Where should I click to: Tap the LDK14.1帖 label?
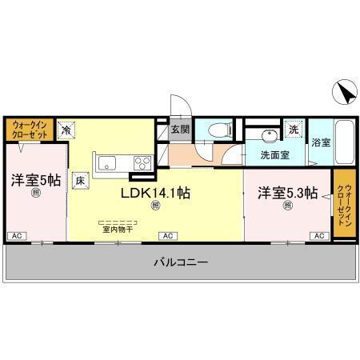(x=155, y=194)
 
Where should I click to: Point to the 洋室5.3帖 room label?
(x=287, y=194)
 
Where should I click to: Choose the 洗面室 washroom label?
(x=274, y=154)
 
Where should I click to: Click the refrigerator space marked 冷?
(x=68, y=129)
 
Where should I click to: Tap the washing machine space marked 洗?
(x=293, y=130)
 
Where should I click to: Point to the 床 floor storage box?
(x=81, y=180)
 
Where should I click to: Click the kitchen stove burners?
(x=144, y=163)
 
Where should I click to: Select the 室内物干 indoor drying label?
(x=117, y=229)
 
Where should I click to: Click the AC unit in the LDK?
(x=168, y=236)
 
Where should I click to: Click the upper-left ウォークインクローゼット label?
(x=30, y=129)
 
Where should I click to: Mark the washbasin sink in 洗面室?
(x=266, y=134)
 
